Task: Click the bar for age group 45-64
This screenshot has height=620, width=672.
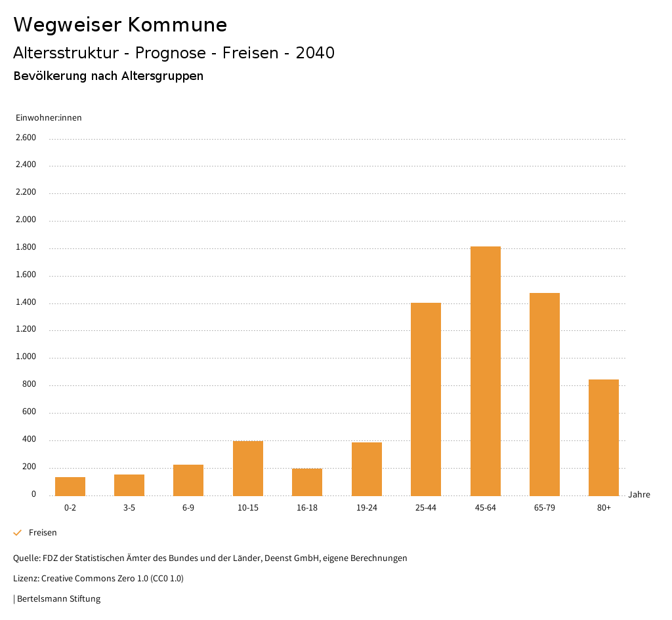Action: (x=485, y=371)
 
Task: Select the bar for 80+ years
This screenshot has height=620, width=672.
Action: (x=604, y=437)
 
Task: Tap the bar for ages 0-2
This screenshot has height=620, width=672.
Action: (x=70, y=486)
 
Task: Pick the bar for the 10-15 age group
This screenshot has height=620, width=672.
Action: (x=248, y=468)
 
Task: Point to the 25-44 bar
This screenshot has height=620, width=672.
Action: (x=426, y=399)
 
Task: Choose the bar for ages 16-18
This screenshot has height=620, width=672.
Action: (x=307, y=482)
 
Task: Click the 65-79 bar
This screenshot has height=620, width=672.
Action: (x=545, y=394)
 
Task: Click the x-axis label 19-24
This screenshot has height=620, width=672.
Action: (x=366, y=508)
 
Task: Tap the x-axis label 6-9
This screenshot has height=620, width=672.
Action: (x=188, y=508)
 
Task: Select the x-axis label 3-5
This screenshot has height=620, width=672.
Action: (x=129, y=508)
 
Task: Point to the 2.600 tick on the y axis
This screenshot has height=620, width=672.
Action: (x=26, y=138)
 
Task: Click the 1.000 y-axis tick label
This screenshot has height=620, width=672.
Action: (x=26, y=357)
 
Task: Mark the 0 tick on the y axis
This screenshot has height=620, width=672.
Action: (x=33, y=494)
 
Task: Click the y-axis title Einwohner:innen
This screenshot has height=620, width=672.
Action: (x=49, y=118)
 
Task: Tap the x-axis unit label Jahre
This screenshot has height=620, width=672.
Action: (x=639, y=495)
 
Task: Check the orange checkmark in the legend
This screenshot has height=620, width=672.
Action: (x=18, y=533)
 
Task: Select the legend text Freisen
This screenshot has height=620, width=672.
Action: (x=43, y=533)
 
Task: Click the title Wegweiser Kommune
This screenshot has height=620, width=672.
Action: (x=120, y=25)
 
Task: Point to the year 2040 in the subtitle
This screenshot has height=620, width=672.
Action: (x=315, y=53)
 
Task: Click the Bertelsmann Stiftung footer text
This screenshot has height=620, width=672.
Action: (x=58, y=598)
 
